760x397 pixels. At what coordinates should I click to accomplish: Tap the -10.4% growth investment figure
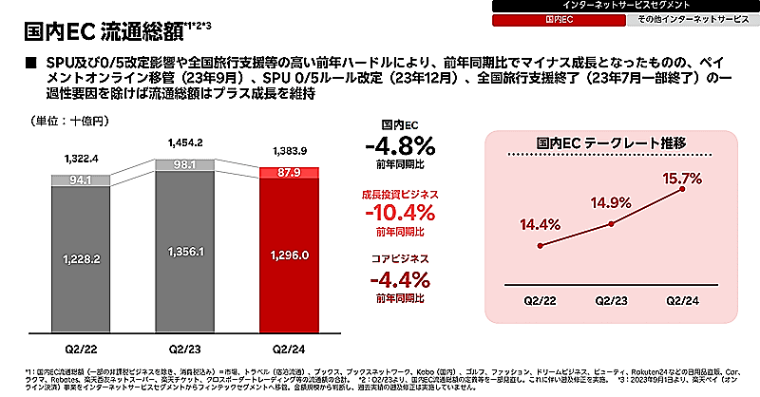400,212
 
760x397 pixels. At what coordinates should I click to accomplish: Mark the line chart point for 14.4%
541,245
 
